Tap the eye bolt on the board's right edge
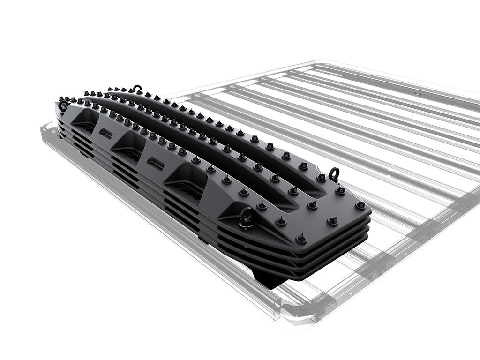tap(333, 173)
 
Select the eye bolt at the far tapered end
tap(63, 106)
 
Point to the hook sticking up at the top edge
tap(137, 88)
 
